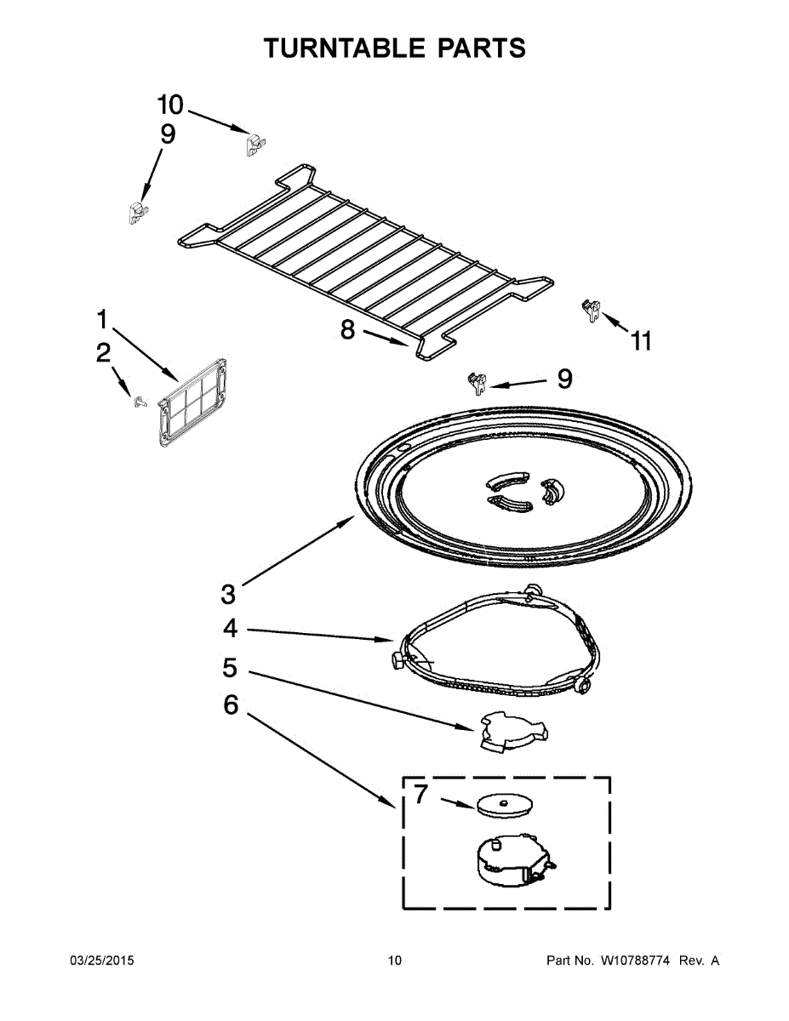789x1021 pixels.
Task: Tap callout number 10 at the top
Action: pyautogui.click(x=170, y=105)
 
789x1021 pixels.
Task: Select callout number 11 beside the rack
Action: pyautogui.click(x=641, y=341)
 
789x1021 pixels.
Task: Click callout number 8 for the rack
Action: pyautogui.click(x=347, y=329)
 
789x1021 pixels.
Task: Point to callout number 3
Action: pyautogui.click(x=227, y=593)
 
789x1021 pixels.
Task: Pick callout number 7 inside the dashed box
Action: pyautogui.click(x=421, y=796)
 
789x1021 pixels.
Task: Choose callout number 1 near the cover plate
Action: pyautogui.click(x=102, y=321)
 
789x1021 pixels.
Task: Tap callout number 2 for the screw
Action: pyautogui.click(x=103, y=353)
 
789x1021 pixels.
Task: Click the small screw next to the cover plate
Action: pyautogui.click(x=137, y=400)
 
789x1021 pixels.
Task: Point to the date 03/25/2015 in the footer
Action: pyautogui.click(x=101, y=961)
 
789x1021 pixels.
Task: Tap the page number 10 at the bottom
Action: pyautogui.click(x=394, y=961)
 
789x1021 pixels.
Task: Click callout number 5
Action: pyautogui.click(x=230, y=668)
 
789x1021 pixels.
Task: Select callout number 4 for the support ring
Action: pyautogui.click(x=230, y=629)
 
